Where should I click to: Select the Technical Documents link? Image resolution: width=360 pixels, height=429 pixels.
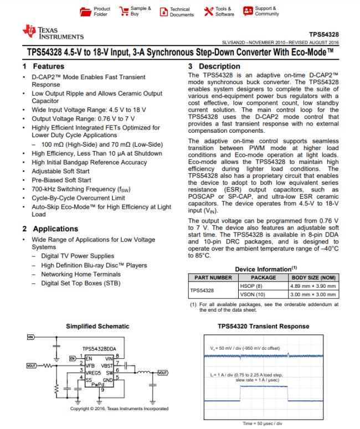(x=164, y=12)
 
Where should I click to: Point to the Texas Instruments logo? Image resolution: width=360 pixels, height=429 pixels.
(x=53, y=33)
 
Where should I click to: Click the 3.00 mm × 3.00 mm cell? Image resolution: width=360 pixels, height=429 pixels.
(x=313, y=294)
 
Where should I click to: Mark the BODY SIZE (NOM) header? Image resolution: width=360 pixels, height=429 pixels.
(x=313, y=277)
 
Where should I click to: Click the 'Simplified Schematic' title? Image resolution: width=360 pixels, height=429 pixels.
(x=97, y=327)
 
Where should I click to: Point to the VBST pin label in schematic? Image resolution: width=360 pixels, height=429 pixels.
(x=106, y=366)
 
